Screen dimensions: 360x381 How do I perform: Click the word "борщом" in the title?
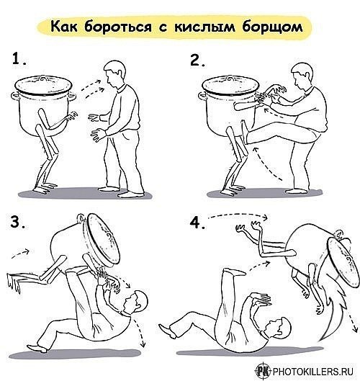272,27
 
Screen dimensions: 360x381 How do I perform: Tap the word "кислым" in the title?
204,26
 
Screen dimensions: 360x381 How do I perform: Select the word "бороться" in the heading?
118,26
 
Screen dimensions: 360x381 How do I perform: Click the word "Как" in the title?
64,26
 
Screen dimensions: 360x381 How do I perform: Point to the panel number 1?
19,59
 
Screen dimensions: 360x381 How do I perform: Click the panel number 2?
197,60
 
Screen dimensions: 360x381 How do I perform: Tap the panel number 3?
17,222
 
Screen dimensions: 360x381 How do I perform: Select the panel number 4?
197,223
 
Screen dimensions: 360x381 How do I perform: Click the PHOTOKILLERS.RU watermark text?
313,372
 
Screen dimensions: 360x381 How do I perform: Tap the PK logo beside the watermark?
264,371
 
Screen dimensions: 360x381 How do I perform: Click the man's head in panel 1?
115,73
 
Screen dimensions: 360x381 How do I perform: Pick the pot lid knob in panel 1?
43,78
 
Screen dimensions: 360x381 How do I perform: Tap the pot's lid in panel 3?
103,241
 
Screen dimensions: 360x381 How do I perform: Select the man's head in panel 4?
279,327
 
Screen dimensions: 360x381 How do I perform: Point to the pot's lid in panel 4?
343,262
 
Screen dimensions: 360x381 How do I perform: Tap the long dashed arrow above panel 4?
238,215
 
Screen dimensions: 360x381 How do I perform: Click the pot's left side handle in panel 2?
202,97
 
